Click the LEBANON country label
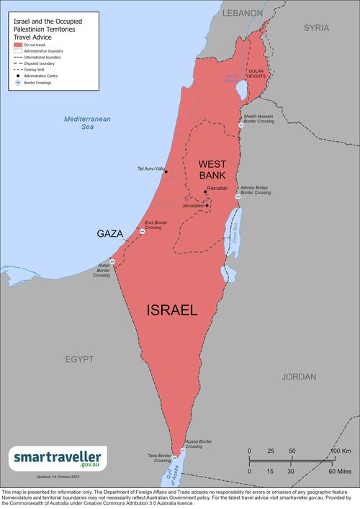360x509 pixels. pos(243,13)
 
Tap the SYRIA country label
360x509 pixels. pos(315,27)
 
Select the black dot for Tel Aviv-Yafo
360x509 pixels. pos(166,171)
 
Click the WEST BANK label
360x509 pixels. pos(212,169)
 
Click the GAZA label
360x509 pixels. pos(109,234)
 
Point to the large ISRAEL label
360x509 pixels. pos(171,310)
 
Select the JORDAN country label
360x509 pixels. pos(298,377)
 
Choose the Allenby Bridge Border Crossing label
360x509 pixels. pos(256,190)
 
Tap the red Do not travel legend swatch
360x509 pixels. pos(18,45)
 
